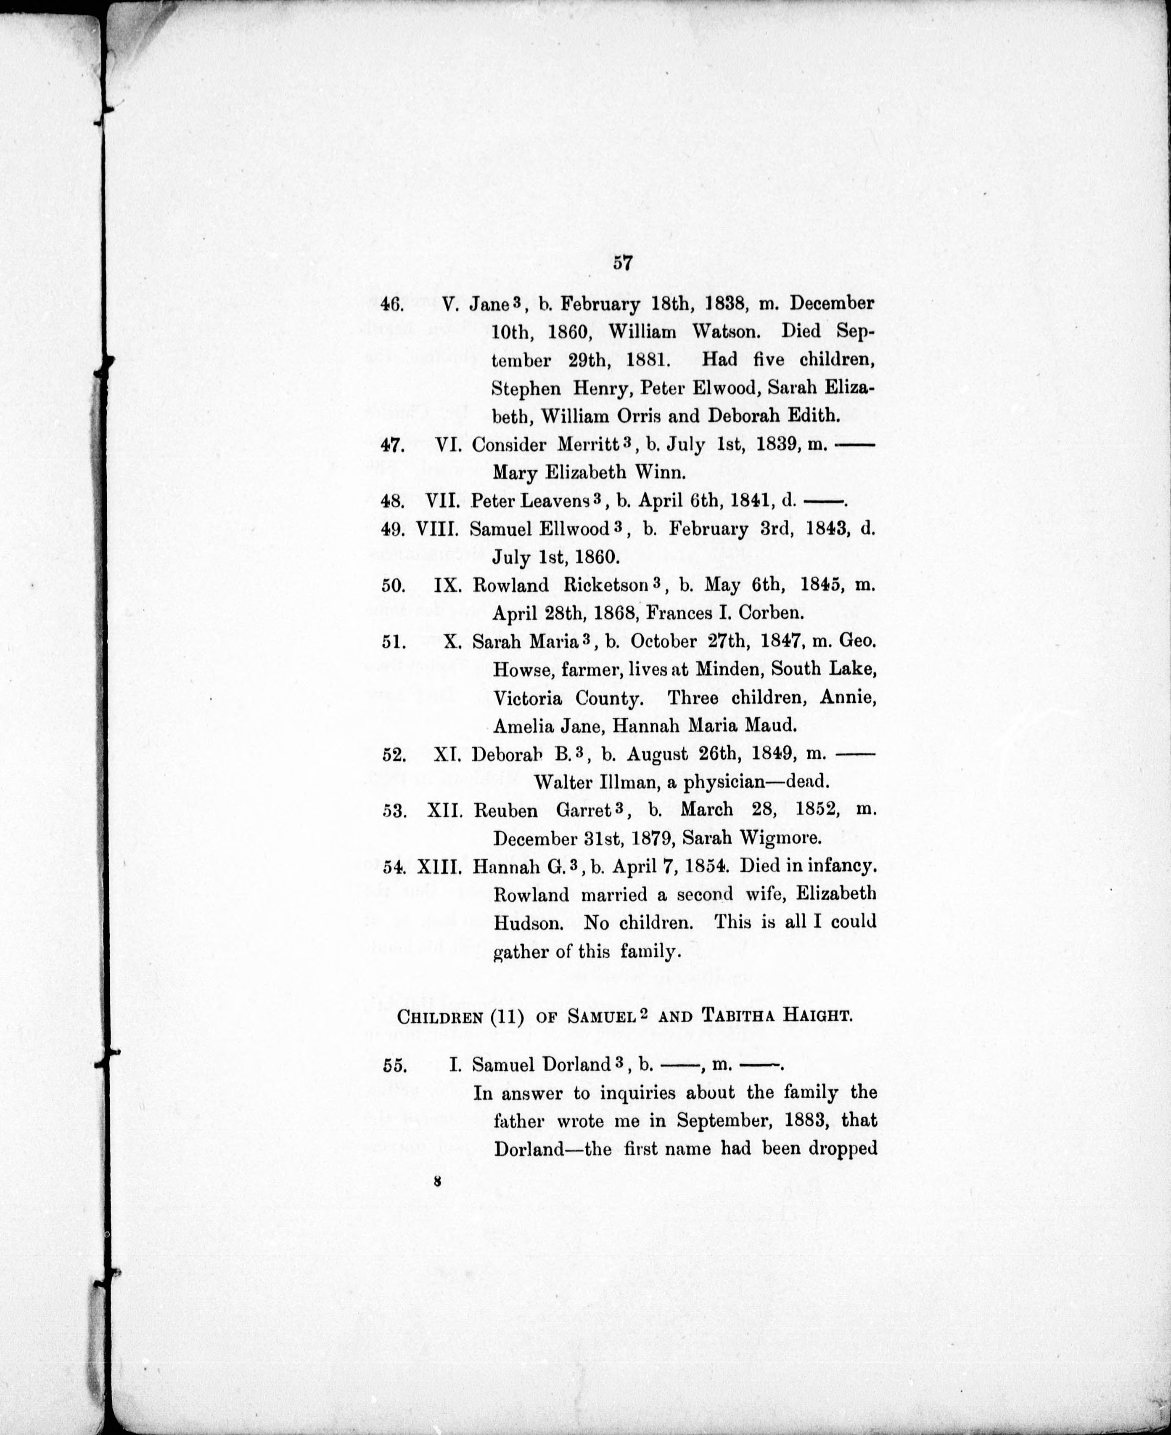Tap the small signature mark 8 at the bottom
(x=438, y=1180)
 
